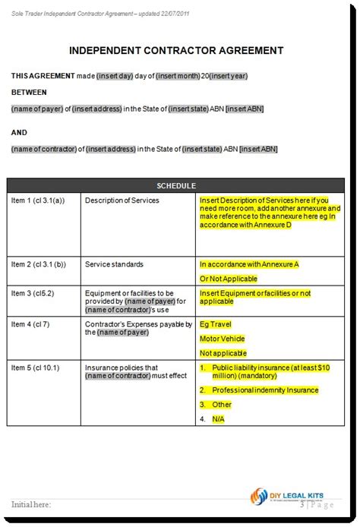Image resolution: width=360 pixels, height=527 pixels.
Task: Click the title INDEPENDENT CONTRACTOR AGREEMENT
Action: point(176,51)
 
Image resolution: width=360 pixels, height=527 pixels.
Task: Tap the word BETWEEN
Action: point(29,92)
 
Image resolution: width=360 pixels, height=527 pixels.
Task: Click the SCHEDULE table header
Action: point(176,186)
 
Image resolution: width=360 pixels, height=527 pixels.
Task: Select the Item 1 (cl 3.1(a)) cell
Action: point(37,201)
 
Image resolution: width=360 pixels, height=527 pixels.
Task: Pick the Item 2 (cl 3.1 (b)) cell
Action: point(39,265)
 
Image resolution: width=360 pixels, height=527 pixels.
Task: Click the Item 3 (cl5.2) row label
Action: point(33,292)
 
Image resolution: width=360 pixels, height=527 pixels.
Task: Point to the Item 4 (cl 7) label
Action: point(31,324)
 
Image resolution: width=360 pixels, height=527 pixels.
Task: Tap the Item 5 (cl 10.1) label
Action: point(35,368)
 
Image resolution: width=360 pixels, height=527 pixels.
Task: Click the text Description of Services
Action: point(122,201)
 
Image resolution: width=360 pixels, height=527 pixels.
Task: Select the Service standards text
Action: point(114,265)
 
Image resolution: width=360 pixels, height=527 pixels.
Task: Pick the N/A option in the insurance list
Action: point(219,418)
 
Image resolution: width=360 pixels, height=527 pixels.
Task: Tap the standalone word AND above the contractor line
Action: point(19,133)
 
